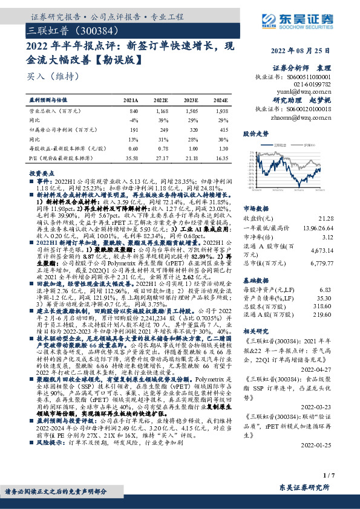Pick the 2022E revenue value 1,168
(160, 112)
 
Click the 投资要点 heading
(40, 173)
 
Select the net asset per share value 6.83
(342, 291)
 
